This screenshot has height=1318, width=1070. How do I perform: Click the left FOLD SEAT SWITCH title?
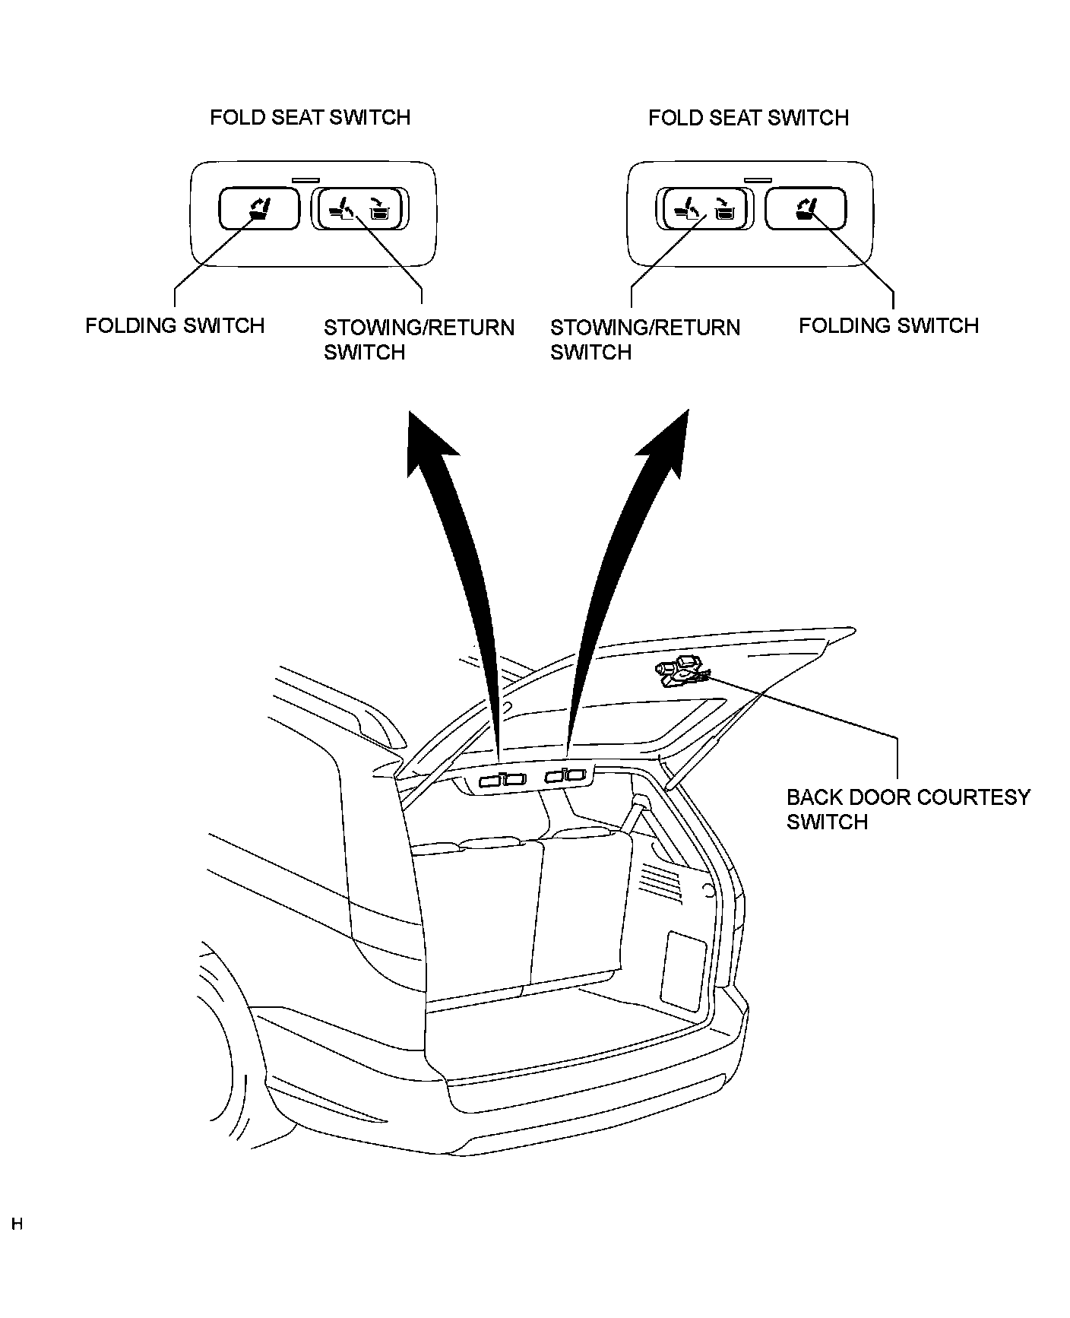[309, 117]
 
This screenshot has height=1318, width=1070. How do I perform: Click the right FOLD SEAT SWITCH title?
[748, 118]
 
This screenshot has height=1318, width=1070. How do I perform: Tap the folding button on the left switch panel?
[259, 209]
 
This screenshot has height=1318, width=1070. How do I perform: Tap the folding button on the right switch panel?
[805, 209]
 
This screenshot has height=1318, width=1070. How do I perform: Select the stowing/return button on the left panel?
[359, 209]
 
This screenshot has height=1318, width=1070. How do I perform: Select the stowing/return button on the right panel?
[704, 209]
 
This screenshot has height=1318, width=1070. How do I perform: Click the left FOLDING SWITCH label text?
[175, 325]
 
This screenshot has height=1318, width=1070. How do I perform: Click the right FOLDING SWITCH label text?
[888, 325]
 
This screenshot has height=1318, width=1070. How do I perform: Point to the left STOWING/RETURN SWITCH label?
[419, 340]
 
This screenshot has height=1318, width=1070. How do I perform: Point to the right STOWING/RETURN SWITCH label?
[644, 340]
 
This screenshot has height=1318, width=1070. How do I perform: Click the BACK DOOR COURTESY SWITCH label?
[908, 809]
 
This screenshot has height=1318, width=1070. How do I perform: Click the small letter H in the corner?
[17, 1225]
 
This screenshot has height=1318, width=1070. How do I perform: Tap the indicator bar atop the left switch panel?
[306, 180]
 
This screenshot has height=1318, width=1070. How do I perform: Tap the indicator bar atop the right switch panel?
[758, 180]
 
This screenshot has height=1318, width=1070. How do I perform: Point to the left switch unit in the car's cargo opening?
[502, 779]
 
